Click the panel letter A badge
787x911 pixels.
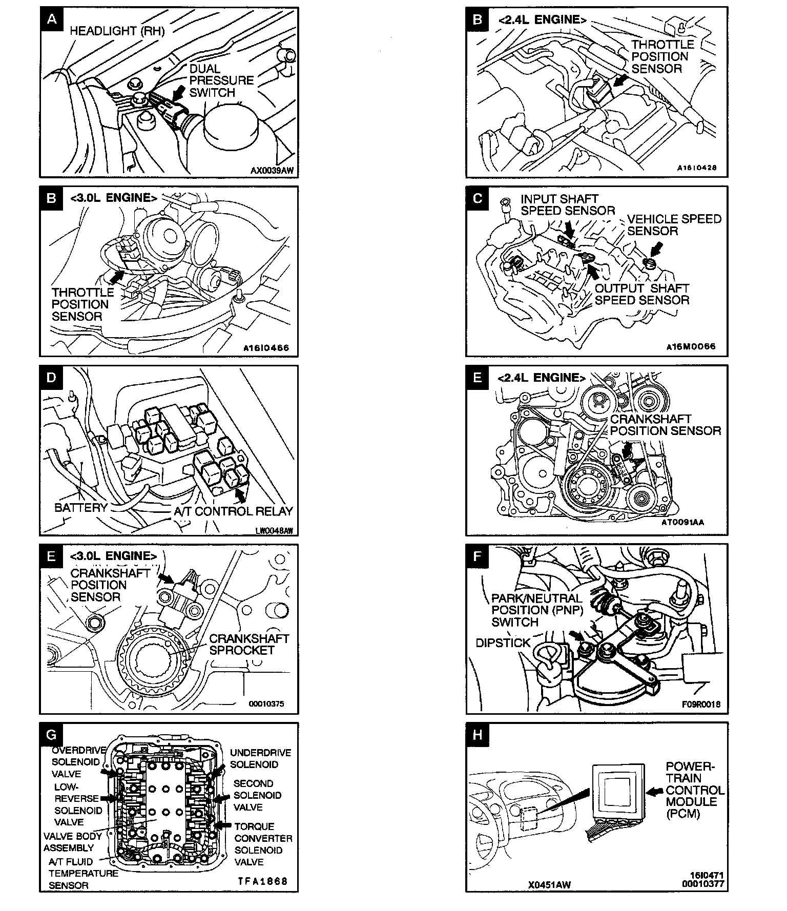[x=51, y=20]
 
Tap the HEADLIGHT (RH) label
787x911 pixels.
[x=117, y=31]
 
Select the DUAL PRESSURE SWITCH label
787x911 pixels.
[x=221, y=80]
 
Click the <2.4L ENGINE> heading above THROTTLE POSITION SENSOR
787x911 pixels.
[x=542, y=20]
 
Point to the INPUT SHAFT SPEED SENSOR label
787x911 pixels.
[x=567, y=204]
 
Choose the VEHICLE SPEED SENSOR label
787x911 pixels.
[x=674, y=224]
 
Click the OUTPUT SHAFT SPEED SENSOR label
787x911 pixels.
[x=641, y=294]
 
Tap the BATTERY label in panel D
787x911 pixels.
[x=81, y=508]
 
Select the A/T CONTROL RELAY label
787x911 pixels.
[x=233, y=511]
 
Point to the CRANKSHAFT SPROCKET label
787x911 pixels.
[x=249, y=644]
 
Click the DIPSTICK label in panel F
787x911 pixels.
[x=503, y=643]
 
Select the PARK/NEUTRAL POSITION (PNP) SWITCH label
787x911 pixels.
[x=529, y=610]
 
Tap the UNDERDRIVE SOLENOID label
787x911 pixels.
[x=260, y=758]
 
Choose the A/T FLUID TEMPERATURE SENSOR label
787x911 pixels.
[x=82, y=873]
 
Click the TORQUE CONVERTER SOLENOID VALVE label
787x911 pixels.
[x=263, y=844]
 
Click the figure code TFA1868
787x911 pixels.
[x=262, y=881]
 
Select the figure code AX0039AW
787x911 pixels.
[x=272, y=171]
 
